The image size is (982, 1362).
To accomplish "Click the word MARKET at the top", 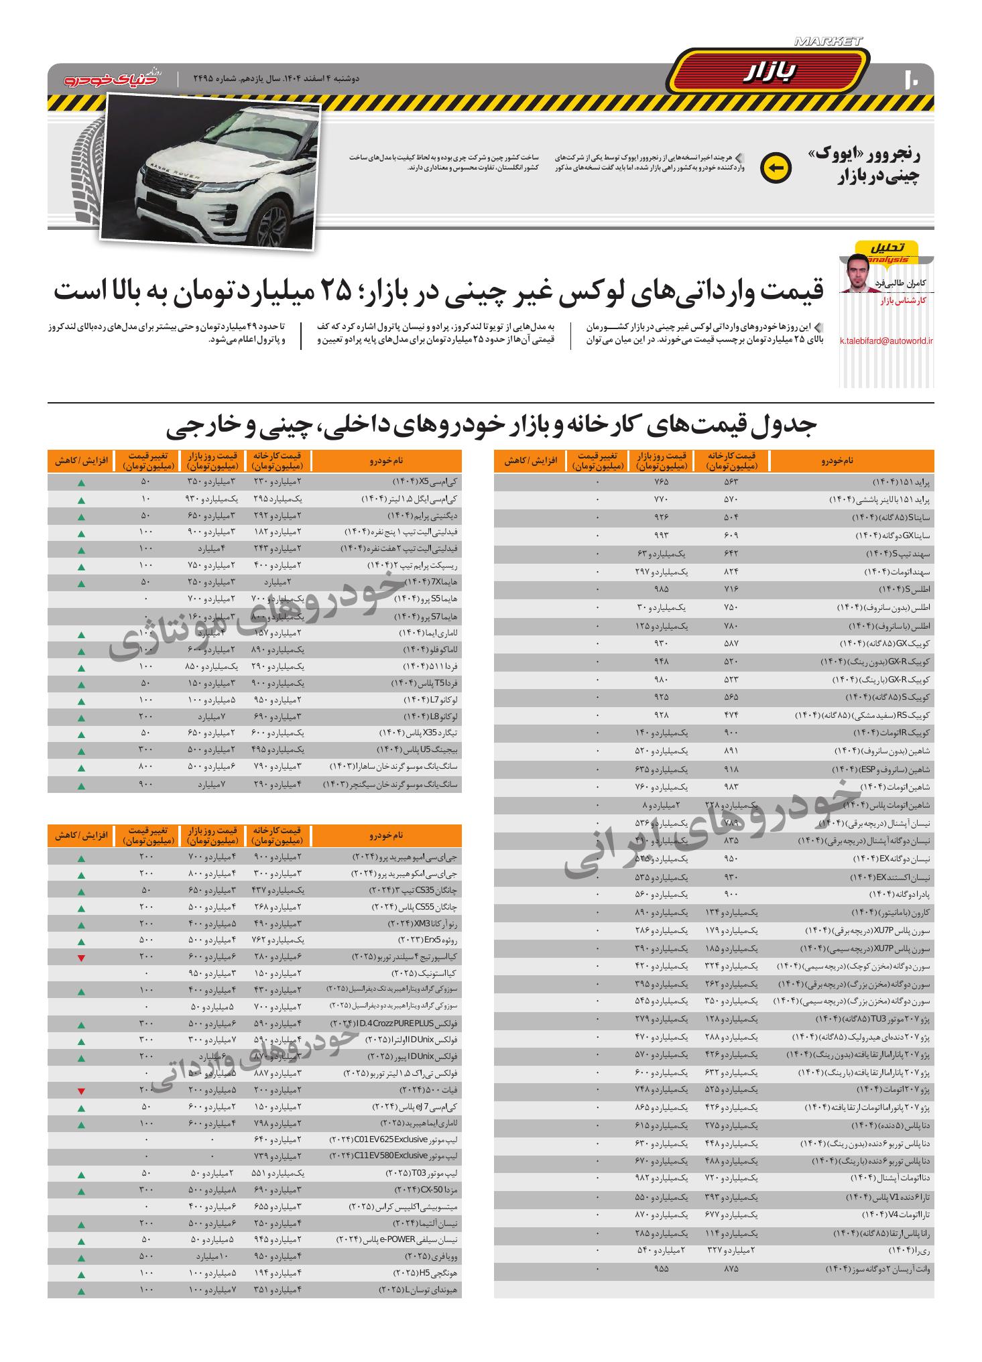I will [x=828, y=42].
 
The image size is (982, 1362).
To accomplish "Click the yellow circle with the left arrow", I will [x=776, y=168].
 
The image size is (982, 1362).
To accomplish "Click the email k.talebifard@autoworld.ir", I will [x=886, y=341].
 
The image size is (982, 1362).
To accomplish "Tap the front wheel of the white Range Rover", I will [x=273, y=219].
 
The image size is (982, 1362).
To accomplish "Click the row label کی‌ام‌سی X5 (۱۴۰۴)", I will [x=424, y=482].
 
